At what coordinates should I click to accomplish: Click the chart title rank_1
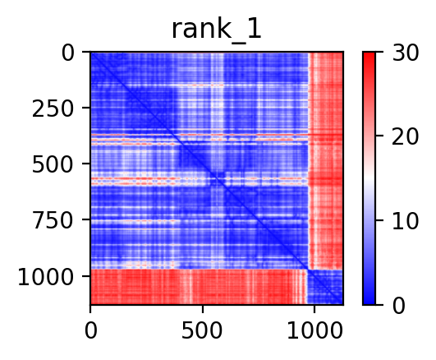(217, 30)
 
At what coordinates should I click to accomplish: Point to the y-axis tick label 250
(53, 109)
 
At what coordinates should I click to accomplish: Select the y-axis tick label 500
(53, 165)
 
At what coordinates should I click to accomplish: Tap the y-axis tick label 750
(53, 221)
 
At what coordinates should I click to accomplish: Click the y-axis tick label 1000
(46, 278)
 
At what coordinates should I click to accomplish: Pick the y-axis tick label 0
(67, 53)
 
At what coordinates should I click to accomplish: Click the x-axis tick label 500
(202, 331)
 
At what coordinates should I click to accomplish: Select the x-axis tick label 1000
(314, 331)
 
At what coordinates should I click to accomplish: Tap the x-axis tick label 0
(90, 331)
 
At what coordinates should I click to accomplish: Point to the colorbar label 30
(405, 53)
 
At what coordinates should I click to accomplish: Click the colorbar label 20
(405, 136)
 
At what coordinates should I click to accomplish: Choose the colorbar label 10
(405, 222)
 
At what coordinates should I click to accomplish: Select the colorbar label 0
(398, 307)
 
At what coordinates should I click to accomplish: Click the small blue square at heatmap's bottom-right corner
(325, 287)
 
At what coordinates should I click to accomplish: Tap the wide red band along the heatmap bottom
(199, 287)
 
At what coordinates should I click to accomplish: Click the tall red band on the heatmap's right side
(326, 160)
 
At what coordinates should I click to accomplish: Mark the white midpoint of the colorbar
(369, 178)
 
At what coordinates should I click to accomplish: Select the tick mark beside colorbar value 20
(379, 136)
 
